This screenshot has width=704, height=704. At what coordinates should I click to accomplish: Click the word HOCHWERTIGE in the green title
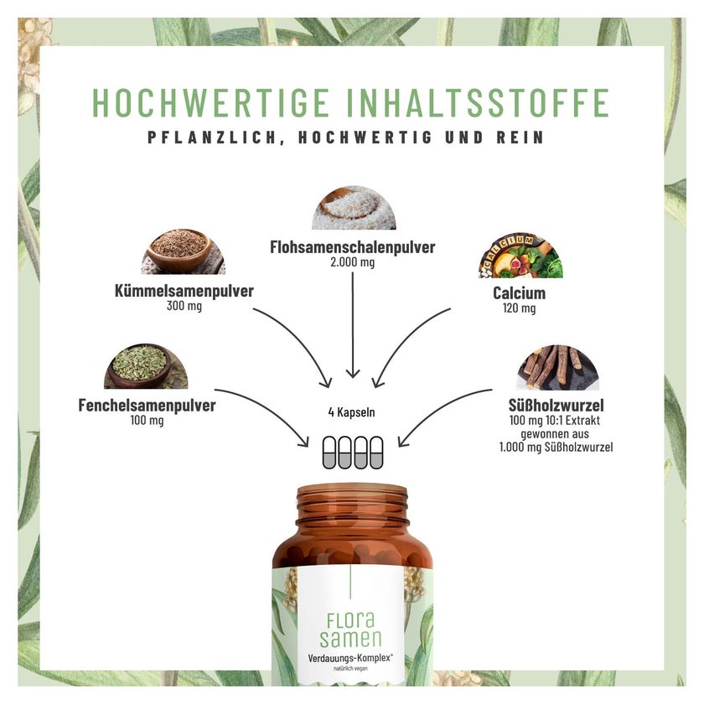211,103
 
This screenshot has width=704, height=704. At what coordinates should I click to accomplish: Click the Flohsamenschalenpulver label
353,247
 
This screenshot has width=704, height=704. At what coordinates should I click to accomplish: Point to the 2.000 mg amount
353,262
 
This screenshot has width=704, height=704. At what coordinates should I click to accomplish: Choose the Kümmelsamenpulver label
184,291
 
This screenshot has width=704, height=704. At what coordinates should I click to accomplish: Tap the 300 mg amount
184,306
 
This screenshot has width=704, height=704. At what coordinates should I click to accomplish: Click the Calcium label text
519,293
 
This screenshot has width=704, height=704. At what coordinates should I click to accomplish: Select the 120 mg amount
519,308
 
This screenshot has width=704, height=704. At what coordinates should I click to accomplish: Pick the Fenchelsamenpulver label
147,406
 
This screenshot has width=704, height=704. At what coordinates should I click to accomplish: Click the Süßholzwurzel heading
556,406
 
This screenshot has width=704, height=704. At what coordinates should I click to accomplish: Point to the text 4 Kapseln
351,412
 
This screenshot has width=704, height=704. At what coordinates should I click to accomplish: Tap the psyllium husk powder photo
354,208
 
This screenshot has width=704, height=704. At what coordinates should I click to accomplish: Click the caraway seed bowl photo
184,251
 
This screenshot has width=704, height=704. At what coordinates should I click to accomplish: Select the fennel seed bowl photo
146,366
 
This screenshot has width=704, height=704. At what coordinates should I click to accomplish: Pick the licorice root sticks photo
557,367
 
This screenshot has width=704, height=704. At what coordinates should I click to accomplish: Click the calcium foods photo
520,256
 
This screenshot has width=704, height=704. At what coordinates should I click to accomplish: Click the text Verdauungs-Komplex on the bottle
349,658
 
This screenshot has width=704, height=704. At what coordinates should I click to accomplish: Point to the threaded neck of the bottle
353,505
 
